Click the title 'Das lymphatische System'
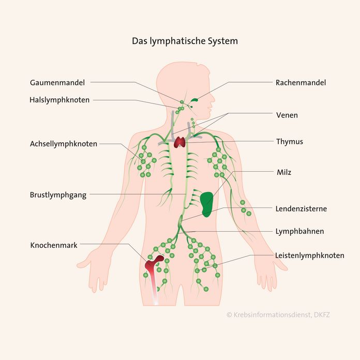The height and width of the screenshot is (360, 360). click(x=185, y=40)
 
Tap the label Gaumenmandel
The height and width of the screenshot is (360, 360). click(x=57, y=82)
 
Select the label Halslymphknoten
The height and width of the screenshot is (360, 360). click(x=59, y=100)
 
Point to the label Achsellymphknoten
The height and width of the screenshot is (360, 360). click(x=63, y=144)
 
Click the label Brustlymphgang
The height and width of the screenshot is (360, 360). click(x=58, y=195)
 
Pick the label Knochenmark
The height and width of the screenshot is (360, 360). click(x=54, y=245)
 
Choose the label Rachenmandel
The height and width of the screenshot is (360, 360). click(x=301, y=82)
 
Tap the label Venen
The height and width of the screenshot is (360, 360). click(x=287, y=115)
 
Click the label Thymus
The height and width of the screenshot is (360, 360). click(x=290, y=141)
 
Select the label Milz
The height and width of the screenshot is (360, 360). click(x=283, y=172)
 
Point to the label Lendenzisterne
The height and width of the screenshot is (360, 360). click(x=301, y=209)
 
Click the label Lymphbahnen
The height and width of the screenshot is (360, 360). click(x=300, y=231)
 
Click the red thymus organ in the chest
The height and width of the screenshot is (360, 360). click(x=181, y=141)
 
